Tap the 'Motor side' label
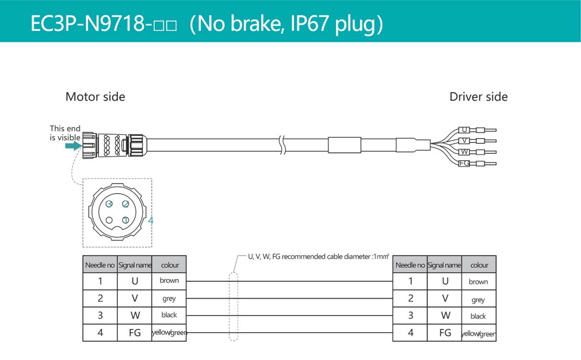coord(95,97)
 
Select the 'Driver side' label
coord(478,97)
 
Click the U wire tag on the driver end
coord(464,130)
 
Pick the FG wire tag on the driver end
coord(464,163)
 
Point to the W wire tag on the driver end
coord(464,152)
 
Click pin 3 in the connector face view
coord(110,204)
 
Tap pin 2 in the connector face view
coord(125,204)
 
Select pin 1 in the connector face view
coord(125,220)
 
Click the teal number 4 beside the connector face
coord(151,221)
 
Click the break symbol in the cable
coord(282,144)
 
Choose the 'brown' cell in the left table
coord(169,281)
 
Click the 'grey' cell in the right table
coord(478,300)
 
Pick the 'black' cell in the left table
coord(169,315)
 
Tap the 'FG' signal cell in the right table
coord(445,333)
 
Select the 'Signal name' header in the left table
coord(135,265)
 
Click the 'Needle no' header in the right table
coord(410,265)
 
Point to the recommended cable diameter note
coord(318,256)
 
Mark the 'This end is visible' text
coord(65,133)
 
